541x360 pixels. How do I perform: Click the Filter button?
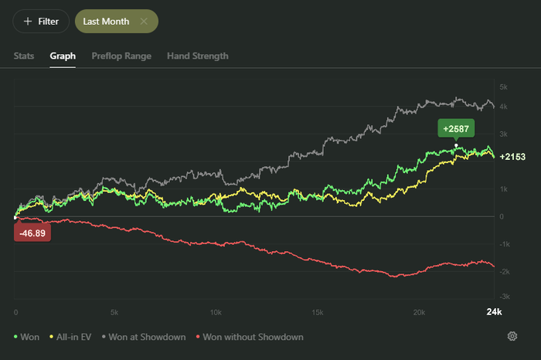41,22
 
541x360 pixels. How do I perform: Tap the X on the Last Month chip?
144,22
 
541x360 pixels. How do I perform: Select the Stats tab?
24,56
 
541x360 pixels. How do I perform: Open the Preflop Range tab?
121,56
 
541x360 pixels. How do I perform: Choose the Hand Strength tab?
198,56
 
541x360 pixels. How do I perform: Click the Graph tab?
63,56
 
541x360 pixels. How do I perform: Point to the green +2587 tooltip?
456,128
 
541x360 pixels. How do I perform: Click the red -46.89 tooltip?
32,233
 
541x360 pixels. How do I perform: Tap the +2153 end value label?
512,157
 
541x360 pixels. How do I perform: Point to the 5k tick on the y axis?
503,87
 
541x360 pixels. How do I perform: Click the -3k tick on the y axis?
505,296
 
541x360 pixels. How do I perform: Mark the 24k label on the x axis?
494,312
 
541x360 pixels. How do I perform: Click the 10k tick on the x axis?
216,312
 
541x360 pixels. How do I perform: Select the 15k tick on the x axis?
318,312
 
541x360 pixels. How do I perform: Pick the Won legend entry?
26,337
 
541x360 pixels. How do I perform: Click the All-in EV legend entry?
70,337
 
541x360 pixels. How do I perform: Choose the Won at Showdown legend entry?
144,337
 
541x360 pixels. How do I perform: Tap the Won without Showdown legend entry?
250,337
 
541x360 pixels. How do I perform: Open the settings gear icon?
512,336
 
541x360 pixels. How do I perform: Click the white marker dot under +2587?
456,145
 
